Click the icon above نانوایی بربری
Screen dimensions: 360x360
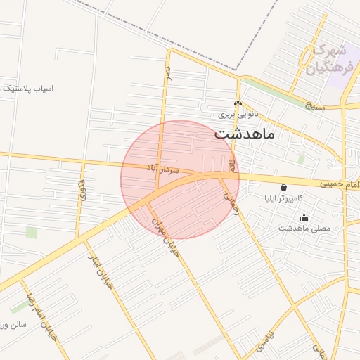click(x=238, y=103)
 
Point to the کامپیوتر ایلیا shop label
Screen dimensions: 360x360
click(x=283, y=198)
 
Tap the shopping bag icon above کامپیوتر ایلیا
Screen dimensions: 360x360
click(x=283, y=188)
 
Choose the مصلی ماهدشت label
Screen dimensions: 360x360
click(x=304, y=228)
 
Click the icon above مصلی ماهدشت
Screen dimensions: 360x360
click(x=304, y=217)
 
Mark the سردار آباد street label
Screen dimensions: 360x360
click(x=162, y=169)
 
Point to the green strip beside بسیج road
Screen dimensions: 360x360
click(x=274, y=91)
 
